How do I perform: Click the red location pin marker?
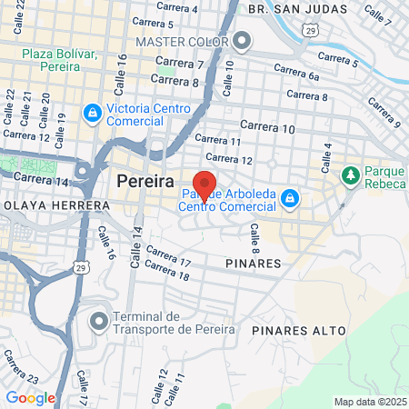coord(204,185)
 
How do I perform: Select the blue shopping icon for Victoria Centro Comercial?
coord(92,113)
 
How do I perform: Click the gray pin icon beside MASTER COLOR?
coord(241,41)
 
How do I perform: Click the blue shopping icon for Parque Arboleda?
coord(289,196)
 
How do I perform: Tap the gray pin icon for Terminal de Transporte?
coord(99,320)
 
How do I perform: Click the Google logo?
coord(30,397)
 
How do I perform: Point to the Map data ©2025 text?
coord(368,402)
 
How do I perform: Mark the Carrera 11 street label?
coord(218,142)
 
